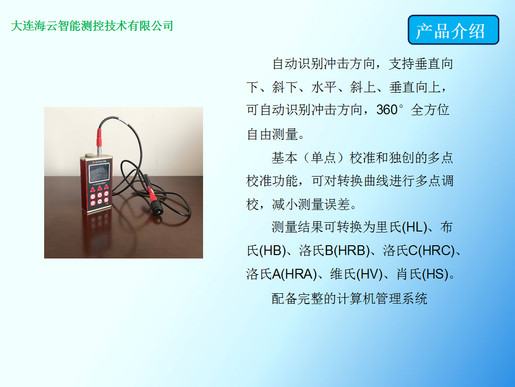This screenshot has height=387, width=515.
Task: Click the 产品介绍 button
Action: point(453,30)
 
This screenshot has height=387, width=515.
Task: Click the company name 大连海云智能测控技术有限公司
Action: point(92,26)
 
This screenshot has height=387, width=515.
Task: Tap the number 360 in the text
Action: point(387,110)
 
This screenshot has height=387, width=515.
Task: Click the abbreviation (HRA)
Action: point(299,274)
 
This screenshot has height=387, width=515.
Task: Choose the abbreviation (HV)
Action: point(369,274)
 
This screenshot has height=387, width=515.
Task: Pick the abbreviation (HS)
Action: point(436,274)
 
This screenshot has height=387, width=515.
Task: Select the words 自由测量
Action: point(272,134)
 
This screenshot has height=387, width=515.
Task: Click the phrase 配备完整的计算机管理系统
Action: point(349,299)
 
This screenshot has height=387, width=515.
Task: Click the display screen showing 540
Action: point(99,173)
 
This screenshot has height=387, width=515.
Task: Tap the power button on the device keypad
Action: point(93,204)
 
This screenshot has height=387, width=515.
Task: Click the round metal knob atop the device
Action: point(89,155)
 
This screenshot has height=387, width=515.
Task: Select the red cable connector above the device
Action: point(99,137)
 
